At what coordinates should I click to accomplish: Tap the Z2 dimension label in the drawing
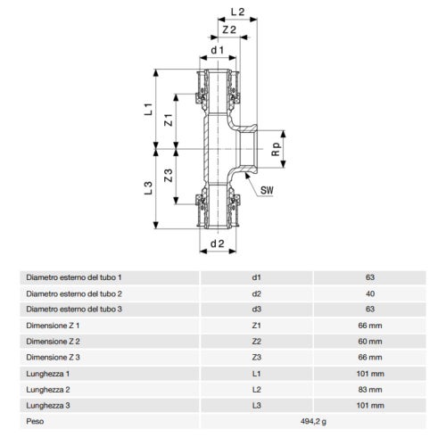(x=229, y=30)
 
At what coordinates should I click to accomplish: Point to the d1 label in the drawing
(x=216, y=51)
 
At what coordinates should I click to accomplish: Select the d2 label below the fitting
(x=216, y=242)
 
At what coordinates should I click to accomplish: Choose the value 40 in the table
(x=370, y=293)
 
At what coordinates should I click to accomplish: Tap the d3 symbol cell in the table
(x=256, y=308)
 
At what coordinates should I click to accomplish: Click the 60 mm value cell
(x=370, y=340)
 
